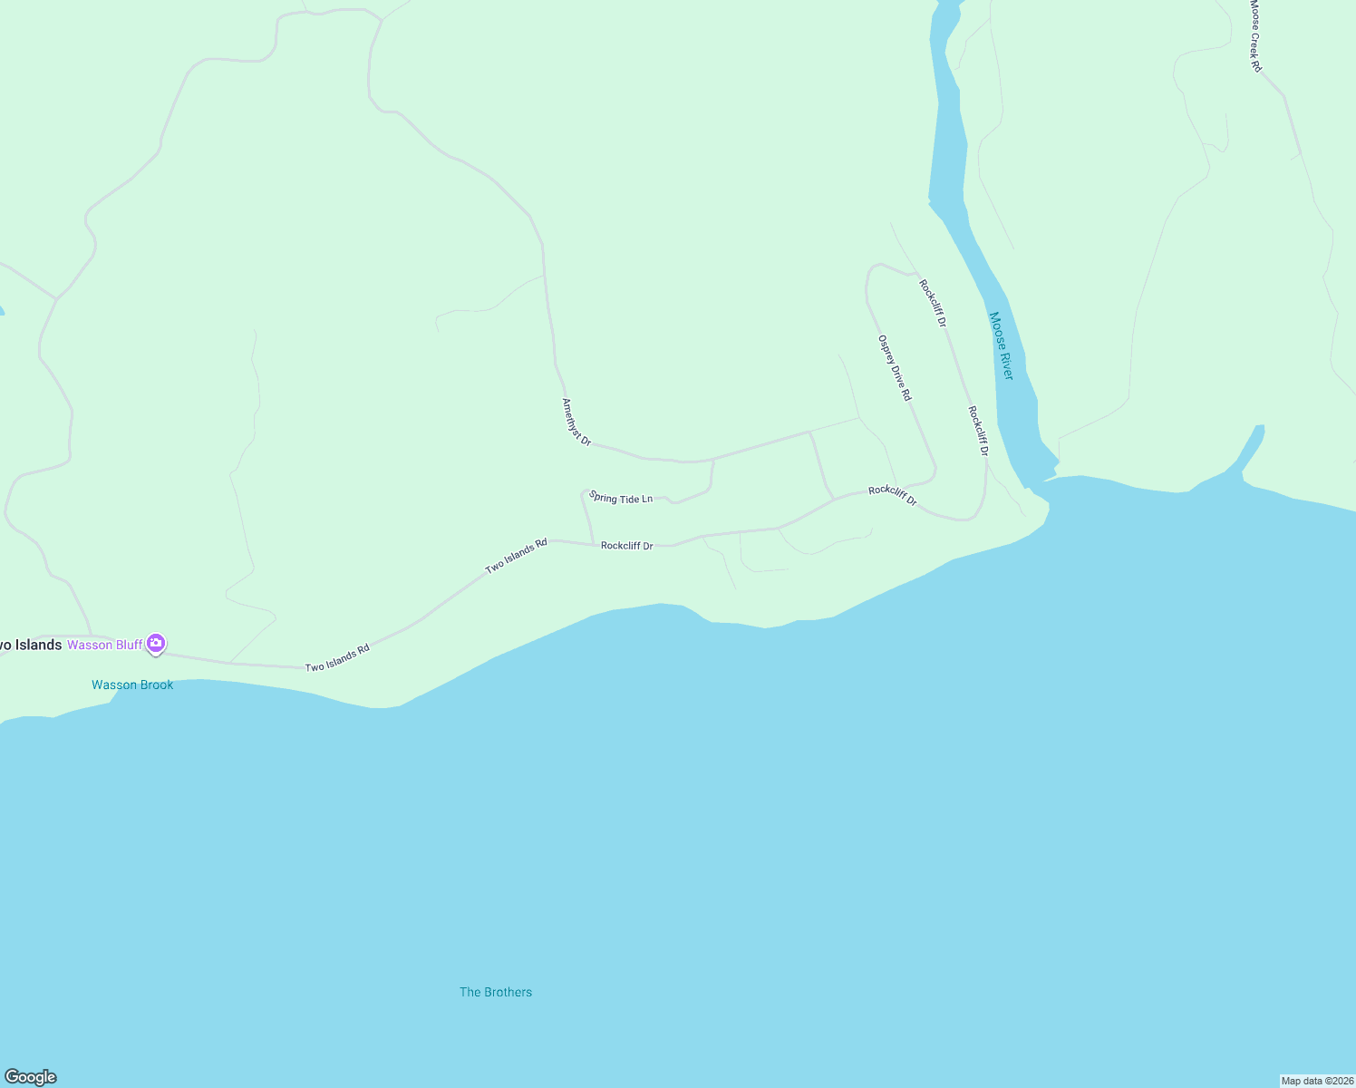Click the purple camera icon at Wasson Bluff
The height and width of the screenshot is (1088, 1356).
156,644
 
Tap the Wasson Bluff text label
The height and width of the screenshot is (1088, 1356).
105,646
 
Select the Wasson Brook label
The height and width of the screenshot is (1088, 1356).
132,685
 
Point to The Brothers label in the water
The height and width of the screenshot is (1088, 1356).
496,993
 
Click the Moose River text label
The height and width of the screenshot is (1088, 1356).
1001,345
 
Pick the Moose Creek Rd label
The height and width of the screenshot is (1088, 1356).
1255,36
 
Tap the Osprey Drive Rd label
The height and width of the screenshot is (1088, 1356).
895,368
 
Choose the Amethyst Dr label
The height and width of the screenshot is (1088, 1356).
576,423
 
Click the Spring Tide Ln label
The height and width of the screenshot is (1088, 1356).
621,498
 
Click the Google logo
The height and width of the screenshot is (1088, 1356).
31,1077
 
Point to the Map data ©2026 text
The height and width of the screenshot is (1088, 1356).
1317,1081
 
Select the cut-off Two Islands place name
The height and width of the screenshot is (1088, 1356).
30,646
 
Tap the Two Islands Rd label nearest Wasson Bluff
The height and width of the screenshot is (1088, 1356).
337,658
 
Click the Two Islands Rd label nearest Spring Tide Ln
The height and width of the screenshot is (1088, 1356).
517,556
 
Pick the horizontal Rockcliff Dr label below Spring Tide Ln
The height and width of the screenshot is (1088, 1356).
627,546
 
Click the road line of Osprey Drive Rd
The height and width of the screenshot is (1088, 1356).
921,426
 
